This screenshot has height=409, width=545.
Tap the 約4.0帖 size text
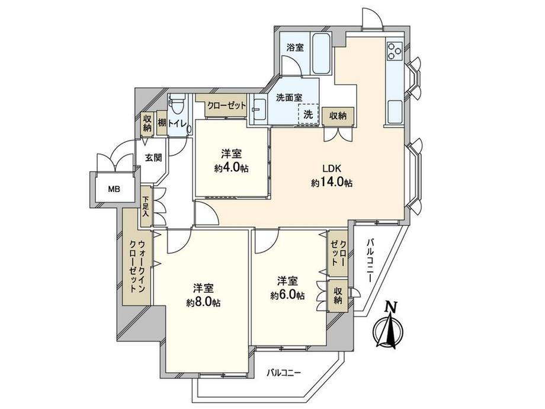[x=232, y=168]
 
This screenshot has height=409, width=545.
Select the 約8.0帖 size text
[x=203, y=302]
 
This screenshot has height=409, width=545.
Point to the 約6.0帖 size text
[x=288, y=295]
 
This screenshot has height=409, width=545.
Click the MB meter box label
[x=114, y=190]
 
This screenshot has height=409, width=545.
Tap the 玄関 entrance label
[x=153, y=158]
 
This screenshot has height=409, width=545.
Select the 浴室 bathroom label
[x=295, y=47]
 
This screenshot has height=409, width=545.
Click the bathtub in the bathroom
[x=320, y=53]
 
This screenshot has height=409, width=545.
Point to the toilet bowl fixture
[x=177, y=106]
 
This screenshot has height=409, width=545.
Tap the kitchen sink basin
[x=395, y=111]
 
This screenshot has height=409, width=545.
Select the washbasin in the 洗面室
[x=259, y=111]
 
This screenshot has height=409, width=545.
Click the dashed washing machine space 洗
[x=308, y=114]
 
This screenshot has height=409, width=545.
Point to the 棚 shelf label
[x=162, y=123]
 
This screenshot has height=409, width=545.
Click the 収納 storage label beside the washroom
[x=338, y=116]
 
